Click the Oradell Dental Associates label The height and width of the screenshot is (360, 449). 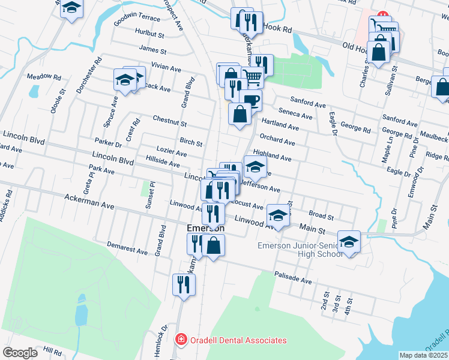click(x=238, y=340)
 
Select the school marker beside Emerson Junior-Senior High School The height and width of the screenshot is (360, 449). click(x=349, y=241)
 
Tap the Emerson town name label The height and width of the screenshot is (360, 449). click(x=205, y=229)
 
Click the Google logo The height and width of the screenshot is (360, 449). click(x=20, y=353)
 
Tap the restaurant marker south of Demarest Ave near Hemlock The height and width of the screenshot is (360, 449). click(x=184, y=284)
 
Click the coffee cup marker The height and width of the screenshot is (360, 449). click(x=250, y=100)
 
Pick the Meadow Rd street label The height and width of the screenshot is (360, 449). click(x=44, y=77)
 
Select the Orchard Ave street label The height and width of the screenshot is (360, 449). click(x=277, y=142)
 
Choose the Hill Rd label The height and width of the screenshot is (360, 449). click(x=53, y=349)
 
